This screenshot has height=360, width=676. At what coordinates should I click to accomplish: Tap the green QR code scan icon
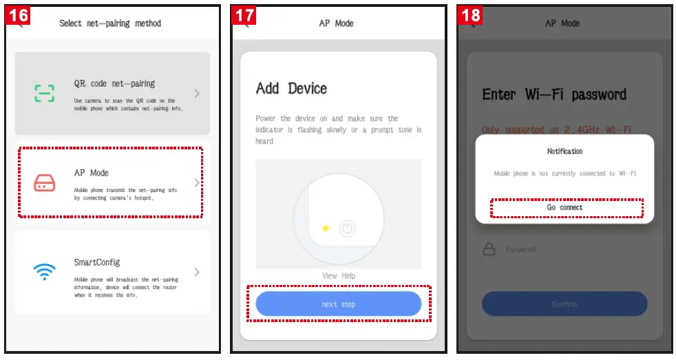pyautogui.click(x=45, y=93)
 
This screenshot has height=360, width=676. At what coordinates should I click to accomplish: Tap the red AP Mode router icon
pyautogui.click(x=45, y=182)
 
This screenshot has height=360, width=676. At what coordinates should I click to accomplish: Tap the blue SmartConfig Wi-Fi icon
pyautogui.click(x=45, y=271)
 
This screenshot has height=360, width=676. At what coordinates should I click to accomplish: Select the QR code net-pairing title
pyautogui.click(x=114, y=83)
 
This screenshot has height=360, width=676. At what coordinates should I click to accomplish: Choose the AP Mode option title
pyautogui.click(x=92, y=173)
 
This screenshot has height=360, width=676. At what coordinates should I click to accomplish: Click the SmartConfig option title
pyautogui.click(x=97, y=262)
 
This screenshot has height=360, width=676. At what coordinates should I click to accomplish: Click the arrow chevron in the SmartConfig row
pyautogui.click(x=197, y=272)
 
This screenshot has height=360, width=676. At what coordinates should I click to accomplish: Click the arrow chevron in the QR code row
pyautogui.click(x=197, y=93)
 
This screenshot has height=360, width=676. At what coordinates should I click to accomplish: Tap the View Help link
pyautogui.click(x=338, y=276)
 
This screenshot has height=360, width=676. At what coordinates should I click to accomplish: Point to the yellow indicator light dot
pyautogui.click(x=325, y=228)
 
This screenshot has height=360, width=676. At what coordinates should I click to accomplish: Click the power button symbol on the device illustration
pyautogui.click(x=348, y=229)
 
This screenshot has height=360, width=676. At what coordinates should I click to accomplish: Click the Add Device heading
pyautogui.click(x=291, y=88)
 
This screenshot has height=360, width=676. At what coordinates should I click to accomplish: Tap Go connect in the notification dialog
pyautogui.click(x=564, y=207)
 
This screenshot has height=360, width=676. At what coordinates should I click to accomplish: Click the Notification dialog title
pyautogui.click(x=564, y=151)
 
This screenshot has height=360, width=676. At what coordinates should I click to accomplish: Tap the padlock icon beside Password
pyautogui.click(x=489, y=249)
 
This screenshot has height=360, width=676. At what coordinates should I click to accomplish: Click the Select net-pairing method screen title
pyautogui.click(x=110, y=23)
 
